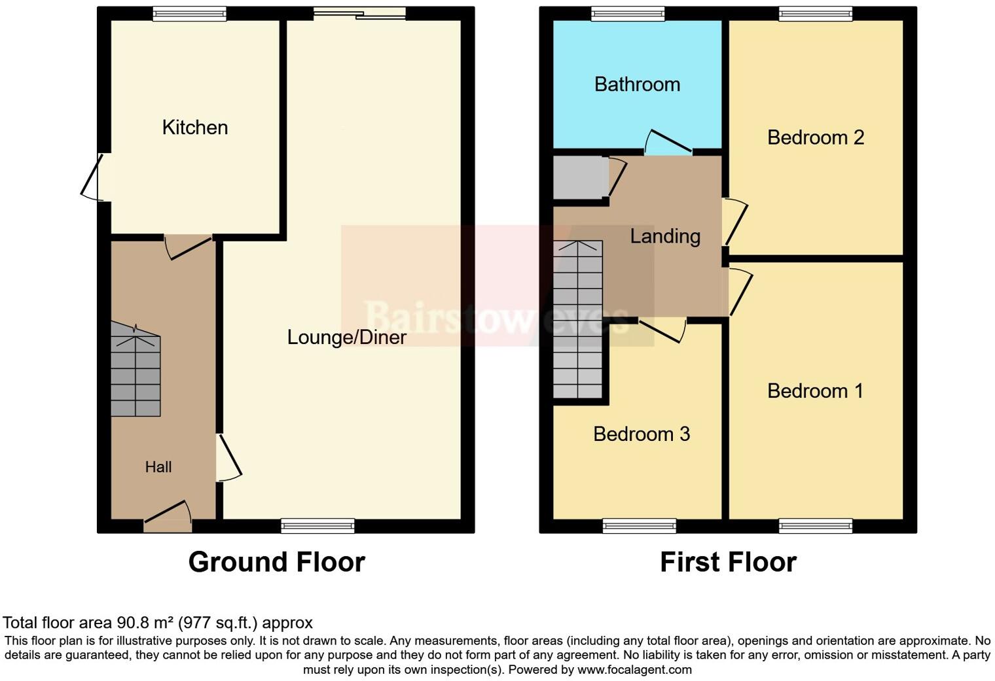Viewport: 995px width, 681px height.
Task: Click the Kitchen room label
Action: tap(194, 127)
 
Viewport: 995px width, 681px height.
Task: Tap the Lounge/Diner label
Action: tap(346, 337)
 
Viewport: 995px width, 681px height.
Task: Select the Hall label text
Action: tap(158, 467)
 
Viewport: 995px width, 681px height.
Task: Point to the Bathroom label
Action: tap(636, 84)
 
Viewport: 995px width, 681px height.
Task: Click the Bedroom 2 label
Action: tap(815, 137)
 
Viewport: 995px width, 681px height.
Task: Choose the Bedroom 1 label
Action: tap(814, 391)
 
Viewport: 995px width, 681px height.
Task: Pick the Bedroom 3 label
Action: tap(641, 434)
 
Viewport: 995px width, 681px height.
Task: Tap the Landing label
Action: tap(664, 236)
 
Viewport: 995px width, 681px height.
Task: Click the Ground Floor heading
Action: tap(276, 562)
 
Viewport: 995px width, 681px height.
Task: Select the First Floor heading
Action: tap(727, 562)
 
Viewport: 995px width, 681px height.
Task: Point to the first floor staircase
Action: tap(577, 321)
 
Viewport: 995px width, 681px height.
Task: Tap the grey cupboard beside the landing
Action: tap(580, 177)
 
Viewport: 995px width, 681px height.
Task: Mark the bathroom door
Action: tap(668, 143)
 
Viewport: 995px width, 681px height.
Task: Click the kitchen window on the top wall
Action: tap(189, 14)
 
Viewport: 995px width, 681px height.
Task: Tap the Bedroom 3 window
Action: tap(639, 525)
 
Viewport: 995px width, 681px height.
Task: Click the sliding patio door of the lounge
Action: tap(359, 13)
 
